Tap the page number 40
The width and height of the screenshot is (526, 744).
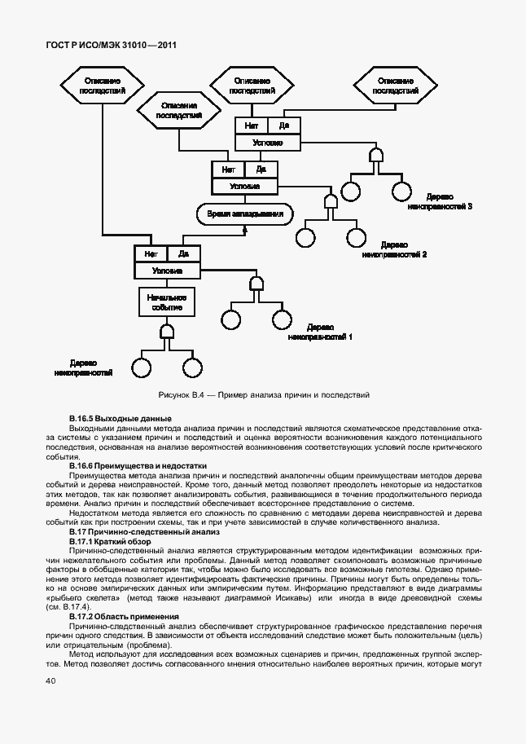(x=50, y=680)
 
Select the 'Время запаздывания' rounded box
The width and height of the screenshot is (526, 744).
(x=244, y=214)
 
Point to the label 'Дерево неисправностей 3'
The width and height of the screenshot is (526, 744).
(x=440, y=201)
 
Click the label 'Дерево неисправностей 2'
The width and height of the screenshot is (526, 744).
(x=394, y=249)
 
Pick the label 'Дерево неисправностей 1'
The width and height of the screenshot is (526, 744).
(x=320, y=331)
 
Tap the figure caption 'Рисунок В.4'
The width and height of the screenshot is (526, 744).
(x=263, y=395)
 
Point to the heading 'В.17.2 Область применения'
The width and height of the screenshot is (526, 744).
(x=123, y=617)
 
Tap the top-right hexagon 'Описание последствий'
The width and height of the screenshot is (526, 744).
(x=395, y=86)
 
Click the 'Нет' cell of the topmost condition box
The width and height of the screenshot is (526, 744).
(x=252, y=125)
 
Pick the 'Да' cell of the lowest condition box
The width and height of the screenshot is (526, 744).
(x=183, y=253)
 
